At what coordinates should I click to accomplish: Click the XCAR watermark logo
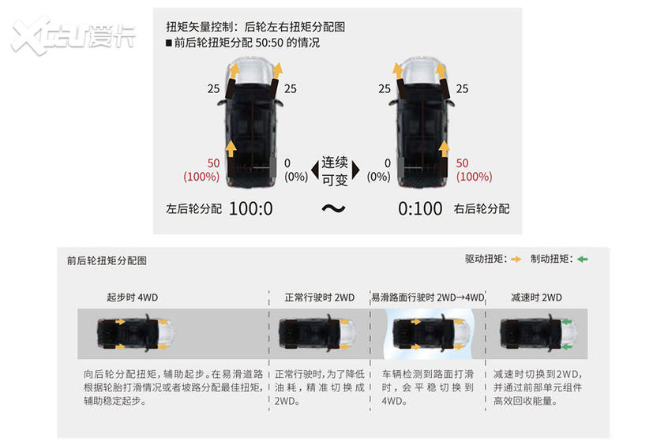73,36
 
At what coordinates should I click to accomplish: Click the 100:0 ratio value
251,208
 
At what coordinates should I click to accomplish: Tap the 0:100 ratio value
420,208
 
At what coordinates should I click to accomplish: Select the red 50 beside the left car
213,163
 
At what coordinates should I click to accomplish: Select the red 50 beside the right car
462,163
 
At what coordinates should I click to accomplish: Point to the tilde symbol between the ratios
333,208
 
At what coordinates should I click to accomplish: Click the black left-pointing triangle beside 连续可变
315,170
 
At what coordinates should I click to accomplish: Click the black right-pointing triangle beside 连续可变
356,170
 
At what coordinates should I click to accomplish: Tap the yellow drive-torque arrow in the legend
516,260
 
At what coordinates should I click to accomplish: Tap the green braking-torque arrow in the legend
583,260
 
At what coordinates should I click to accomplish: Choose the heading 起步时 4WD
132,297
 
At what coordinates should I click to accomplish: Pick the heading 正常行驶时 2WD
320,297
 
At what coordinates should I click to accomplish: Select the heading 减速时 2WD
536,297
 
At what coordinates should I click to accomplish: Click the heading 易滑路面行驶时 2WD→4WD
428,297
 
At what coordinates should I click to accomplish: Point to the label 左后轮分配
193,208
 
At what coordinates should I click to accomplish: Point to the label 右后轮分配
482,208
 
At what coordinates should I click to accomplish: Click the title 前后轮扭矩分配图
107,260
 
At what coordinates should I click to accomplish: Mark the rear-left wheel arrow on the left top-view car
231,149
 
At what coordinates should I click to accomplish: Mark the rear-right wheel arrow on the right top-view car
445,149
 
